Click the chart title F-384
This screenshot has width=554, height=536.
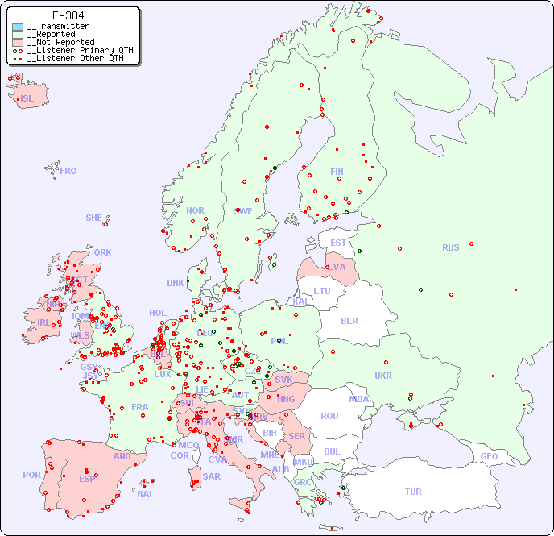pos(68,15)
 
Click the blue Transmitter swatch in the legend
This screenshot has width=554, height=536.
pos(18,27)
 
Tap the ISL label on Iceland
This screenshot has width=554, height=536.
pos(27,99)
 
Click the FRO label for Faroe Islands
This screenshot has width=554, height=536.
pos(68,171)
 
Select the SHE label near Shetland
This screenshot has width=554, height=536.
pos(94,218)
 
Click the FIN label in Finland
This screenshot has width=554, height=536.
pos(337,172)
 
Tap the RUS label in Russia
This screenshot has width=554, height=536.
pos(450,247)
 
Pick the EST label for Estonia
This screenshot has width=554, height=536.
pos(338,243)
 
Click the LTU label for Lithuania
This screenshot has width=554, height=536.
pos(322,291)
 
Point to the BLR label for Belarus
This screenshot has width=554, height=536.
pos(349,320)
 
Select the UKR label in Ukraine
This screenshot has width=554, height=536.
pos(383,376)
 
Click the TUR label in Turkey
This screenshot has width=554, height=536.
pos(413,492)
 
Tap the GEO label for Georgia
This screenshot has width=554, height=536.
pos(489,456)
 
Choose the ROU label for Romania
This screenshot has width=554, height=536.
pos(329,416)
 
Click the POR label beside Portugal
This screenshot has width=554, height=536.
pos(31,475)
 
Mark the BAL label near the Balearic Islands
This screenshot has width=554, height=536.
pos(146,494)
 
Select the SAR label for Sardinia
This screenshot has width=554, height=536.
pos(211,476)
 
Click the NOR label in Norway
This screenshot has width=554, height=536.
pos(195,210)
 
